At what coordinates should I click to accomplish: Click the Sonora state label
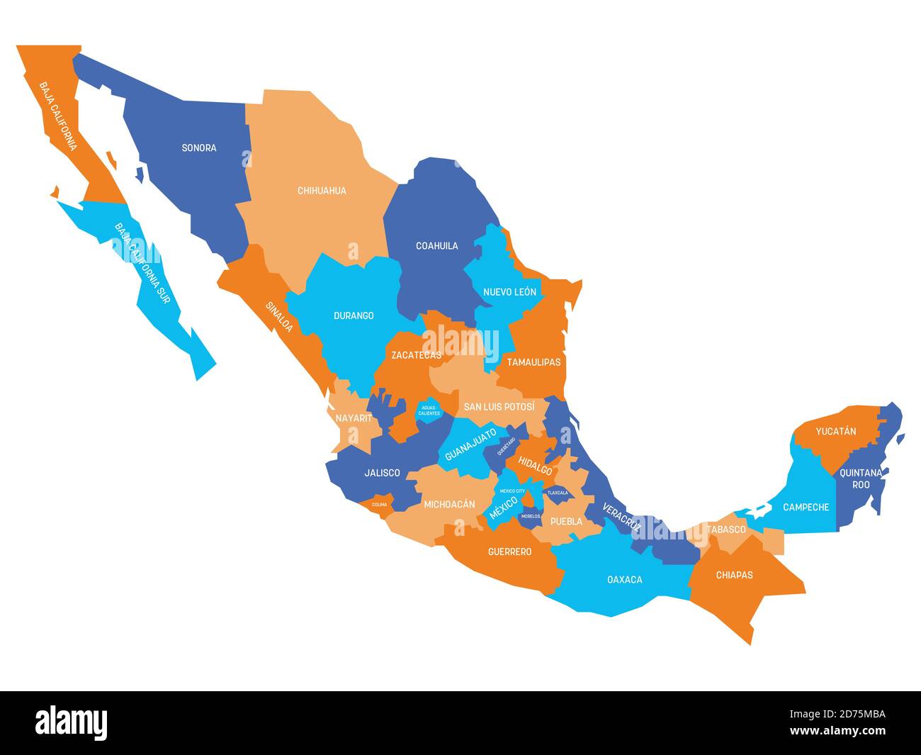[x=199, y=148]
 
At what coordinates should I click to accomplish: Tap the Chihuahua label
[x=322, y=191]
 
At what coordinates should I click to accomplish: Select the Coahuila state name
[x=436, y=246]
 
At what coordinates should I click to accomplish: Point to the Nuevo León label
[x=509, y=292]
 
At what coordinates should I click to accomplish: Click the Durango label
[x=354, y=315]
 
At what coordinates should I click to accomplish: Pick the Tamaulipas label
[x=533, y=362]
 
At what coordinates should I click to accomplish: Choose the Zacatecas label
[x=416, y=355]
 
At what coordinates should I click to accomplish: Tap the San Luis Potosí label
[x=499, y=407]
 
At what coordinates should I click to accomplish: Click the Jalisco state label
[x=382, y=473]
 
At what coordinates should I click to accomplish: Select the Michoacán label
[x=449, y=505]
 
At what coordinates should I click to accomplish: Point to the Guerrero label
[x=509, y=552]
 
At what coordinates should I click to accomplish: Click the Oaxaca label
[x=625, y=580]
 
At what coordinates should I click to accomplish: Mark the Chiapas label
[x=734, y=575]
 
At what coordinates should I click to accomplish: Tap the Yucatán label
[x=836, y=431]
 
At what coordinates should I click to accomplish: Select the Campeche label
[x=806, y=508]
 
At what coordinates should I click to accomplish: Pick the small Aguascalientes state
[x=429, y=410]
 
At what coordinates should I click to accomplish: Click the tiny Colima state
[x=379, y=505]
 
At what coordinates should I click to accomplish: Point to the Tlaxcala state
[x=557, y=493]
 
